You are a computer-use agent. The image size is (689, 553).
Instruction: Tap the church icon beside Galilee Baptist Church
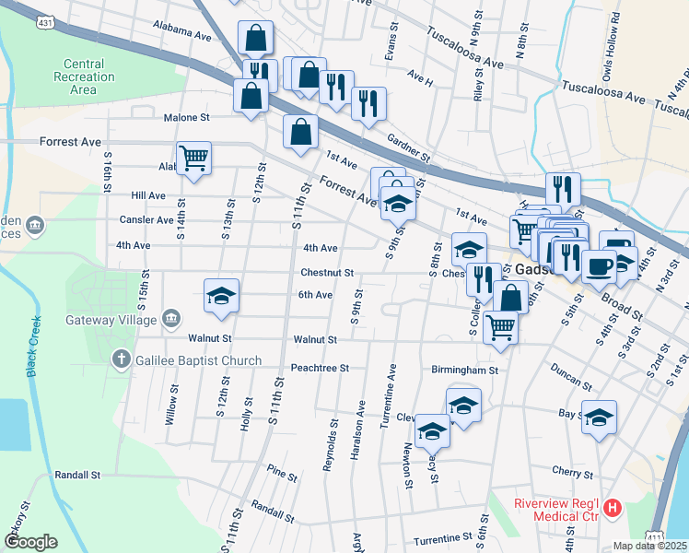(121, 359)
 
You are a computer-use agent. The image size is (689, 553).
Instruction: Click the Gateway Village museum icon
(171, 319)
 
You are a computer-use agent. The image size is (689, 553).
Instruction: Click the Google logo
(31, 542)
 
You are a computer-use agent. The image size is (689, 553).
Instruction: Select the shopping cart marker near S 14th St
(193, 158)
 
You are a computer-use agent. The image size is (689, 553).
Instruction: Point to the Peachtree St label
(320, 368)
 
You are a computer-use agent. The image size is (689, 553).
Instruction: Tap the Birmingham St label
(464, 371)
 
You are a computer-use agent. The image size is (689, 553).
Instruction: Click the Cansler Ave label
(146, 220)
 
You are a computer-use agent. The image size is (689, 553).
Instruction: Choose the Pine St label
(282, 477)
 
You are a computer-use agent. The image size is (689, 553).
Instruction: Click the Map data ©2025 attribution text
(650, 546)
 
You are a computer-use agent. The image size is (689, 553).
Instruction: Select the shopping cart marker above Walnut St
(500, 325)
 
